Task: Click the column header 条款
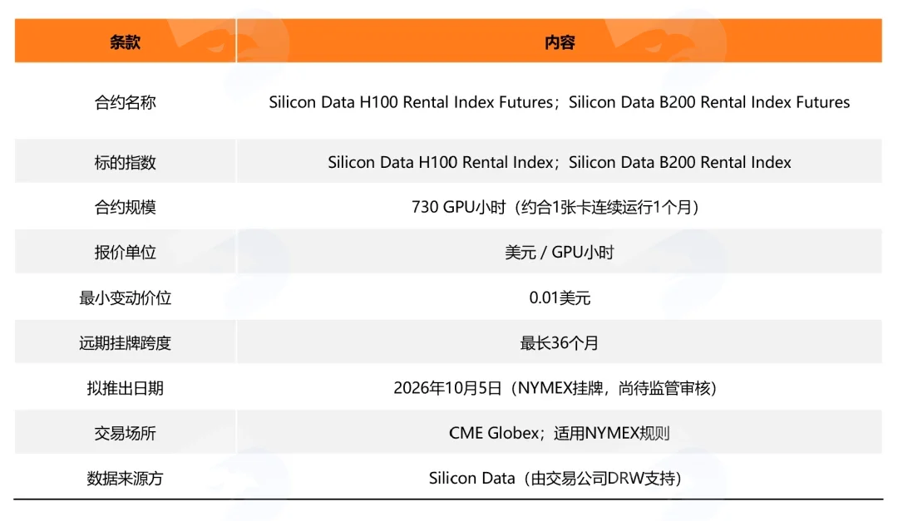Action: point(125,42)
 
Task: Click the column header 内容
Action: point(559,42)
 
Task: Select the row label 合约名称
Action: point(125,102)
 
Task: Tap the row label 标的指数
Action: point(125,163)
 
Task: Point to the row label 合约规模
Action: point(125,207)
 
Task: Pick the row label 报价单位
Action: point(125,253)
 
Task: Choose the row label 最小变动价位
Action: point(125,297)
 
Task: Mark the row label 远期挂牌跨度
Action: point(125,343)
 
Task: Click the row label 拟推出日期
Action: point(125,388)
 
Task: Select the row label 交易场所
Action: point(125,434)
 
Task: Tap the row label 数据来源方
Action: point(125,479)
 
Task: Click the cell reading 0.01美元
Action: point(560,297)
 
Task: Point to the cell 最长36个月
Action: point(559,343)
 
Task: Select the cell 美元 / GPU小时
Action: point(559,253)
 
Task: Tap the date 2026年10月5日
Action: point(447,388)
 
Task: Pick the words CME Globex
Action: point(494,433)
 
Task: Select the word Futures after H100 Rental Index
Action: point(525,102)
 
